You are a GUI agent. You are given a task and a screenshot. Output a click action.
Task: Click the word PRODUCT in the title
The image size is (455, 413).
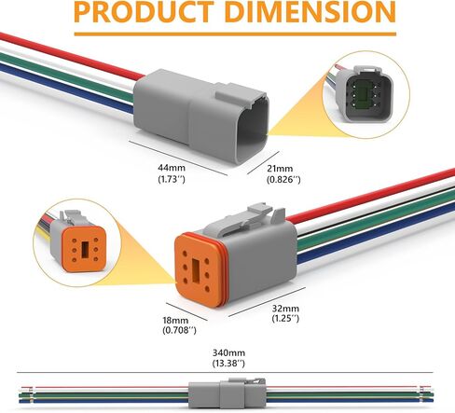pyautogui.click(x=144, y=12)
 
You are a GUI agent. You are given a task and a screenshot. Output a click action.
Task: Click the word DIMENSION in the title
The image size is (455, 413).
pyautogui.click(x=313, y=12)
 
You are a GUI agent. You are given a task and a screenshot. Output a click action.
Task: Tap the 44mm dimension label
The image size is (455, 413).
pyautogui.click(x=172, y=168)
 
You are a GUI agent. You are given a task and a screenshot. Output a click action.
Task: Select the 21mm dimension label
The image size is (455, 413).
pyautogui.click(x=280, y=169)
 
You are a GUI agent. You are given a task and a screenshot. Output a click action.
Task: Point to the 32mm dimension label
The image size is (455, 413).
pyautogui.click(x=285, y=309)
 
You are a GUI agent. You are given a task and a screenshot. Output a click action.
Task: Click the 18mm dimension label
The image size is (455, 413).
pyautogui.click(x=175, y=320)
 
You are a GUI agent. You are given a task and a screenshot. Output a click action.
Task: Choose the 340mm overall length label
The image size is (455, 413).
pyautogui.click(x=228, y=352)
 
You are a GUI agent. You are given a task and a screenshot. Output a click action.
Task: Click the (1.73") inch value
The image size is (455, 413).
pyautogui.click(x=172, y=179)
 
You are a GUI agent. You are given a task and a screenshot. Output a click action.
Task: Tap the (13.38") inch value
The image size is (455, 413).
pyautogui.click(x=228, y=363)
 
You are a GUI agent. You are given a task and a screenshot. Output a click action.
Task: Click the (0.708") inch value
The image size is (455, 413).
pyautogui.click(x=179, y=330)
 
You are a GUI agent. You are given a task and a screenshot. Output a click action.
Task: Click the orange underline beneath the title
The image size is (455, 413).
pyautogui.click(x=235, y=34)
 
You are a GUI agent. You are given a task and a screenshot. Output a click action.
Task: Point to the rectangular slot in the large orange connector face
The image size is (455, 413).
pyautogui.click(x=197, y=270)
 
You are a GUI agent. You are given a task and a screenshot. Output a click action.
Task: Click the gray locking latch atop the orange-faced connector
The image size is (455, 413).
pyautogui.click(x=245, y=217)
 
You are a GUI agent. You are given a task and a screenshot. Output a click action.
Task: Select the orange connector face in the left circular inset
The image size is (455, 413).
pyautogui.click(x=85, y=249)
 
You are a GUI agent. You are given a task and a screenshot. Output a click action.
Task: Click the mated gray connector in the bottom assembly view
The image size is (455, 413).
pyautogui.click(x=227, y=392)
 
